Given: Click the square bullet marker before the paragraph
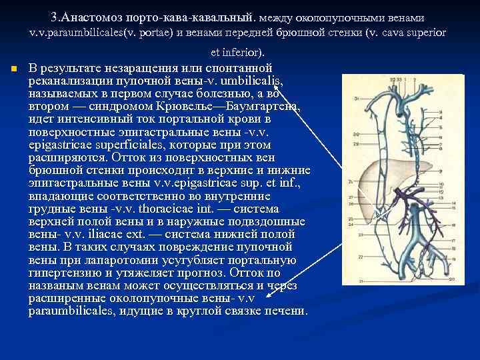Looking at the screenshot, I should pyautogui.click(x=14, y=69).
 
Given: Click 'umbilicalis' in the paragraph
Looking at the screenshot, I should pyautogui.click(x=256, y=81).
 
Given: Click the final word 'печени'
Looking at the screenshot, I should pyautogui.click(x=285, y=311).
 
